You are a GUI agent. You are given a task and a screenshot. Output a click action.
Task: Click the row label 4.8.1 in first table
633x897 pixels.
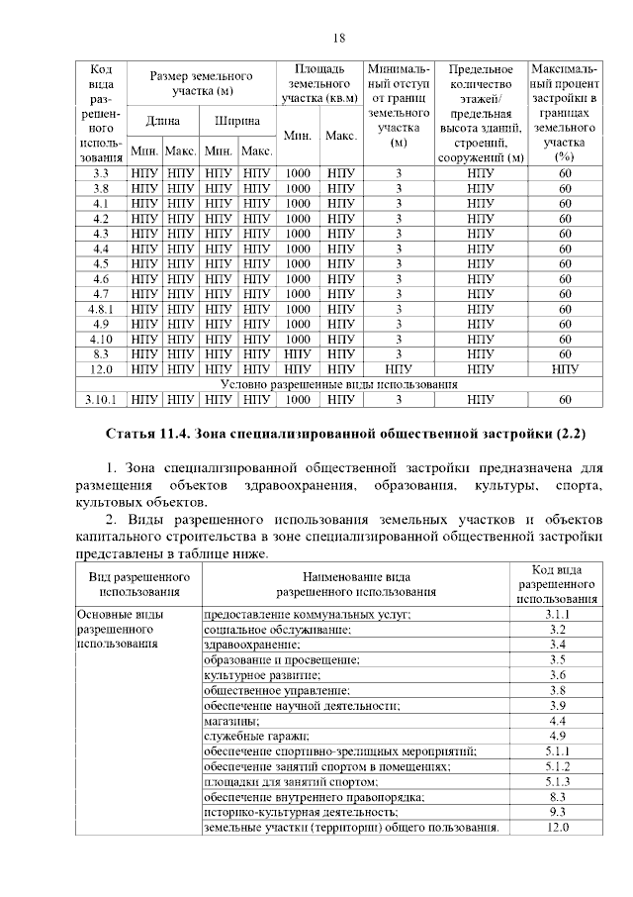[x=101, y=309]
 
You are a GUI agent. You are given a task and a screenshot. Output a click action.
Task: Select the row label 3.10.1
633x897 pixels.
[x=101, y=400]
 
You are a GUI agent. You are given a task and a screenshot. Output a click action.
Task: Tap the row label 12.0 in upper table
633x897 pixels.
[x=101, y=368]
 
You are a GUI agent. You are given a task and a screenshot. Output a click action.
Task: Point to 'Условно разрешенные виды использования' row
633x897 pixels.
[x=338, y=384]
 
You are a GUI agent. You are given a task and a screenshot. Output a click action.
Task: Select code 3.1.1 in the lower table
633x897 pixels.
[x=557, y=615]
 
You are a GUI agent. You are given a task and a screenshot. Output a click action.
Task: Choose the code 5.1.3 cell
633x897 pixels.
[x=557, y=781]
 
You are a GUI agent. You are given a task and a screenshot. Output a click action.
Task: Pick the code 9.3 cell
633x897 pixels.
[x=557, y=812]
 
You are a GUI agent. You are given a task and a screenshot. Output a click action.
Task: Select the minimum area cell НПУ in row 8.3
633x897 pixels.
[x=299, y=353]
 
